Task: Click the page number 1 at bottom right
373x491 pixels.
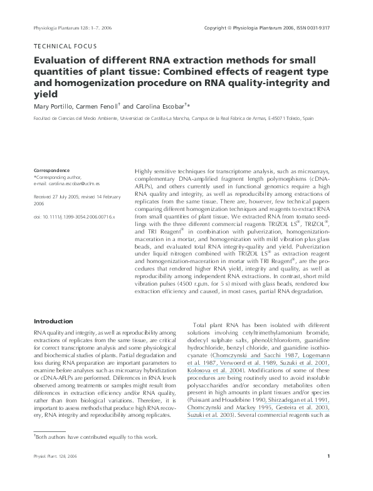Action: [337, 473]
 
